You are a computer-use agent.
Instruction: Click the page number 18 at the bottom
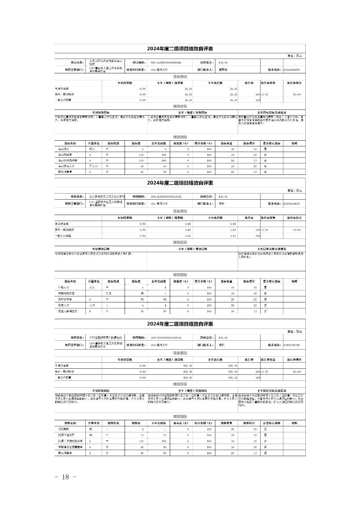click(66, 477)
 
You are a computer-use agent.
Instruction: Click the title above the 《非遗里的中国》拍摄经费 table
click(180, 324)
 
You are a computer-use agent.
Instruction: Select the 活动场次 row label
click(64, 149)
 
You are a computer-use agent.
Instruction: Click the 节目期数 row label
click(64, 429)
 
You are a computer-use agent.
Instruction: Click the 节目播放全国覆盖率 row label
click(70, 447)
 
